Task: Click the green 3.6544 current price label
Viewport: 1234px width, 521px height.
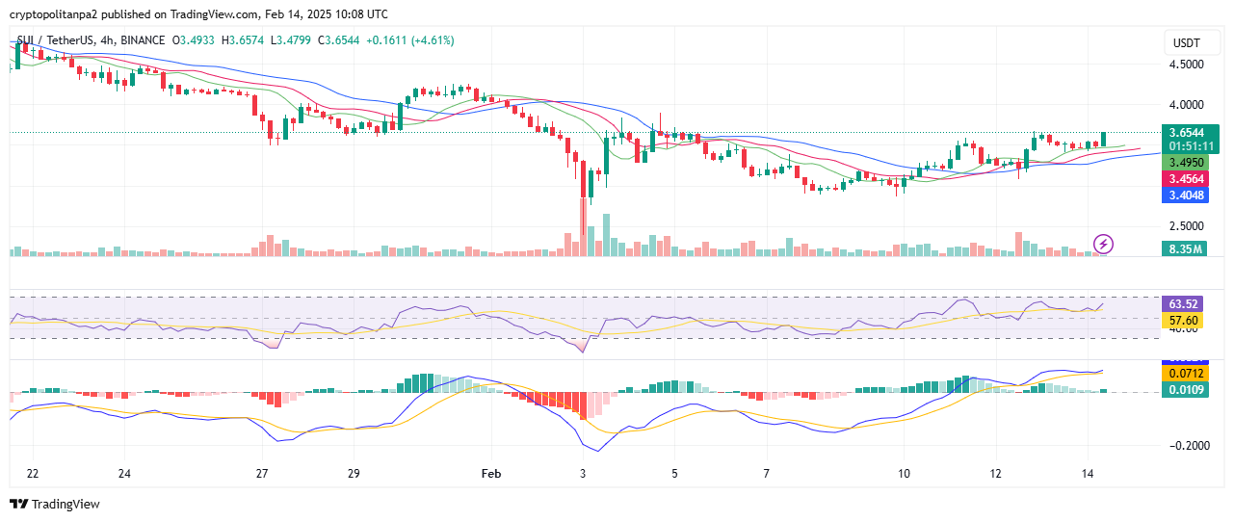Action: [1190, 132]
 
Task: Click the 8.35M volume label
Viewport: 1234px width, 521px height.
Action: [1185, 248]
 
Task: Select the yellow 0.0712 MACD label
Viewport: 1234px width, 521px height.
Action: [1184, 373]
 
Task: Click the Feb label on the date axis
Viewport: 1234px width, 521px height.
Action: [491, 474]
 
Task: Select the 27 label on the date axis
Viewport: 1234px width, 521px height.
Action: [262, 474]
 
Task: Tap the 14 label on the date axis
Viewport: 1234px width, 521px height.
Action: [1087, 474]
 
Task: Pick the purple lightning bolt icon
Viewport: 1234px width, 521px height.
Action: [1104, 244]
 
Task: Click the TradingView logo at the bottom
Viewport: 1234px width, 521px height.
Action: [55, 504]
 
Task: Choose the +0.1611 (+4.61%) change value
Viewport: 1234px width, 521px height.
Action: [406, 40]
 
